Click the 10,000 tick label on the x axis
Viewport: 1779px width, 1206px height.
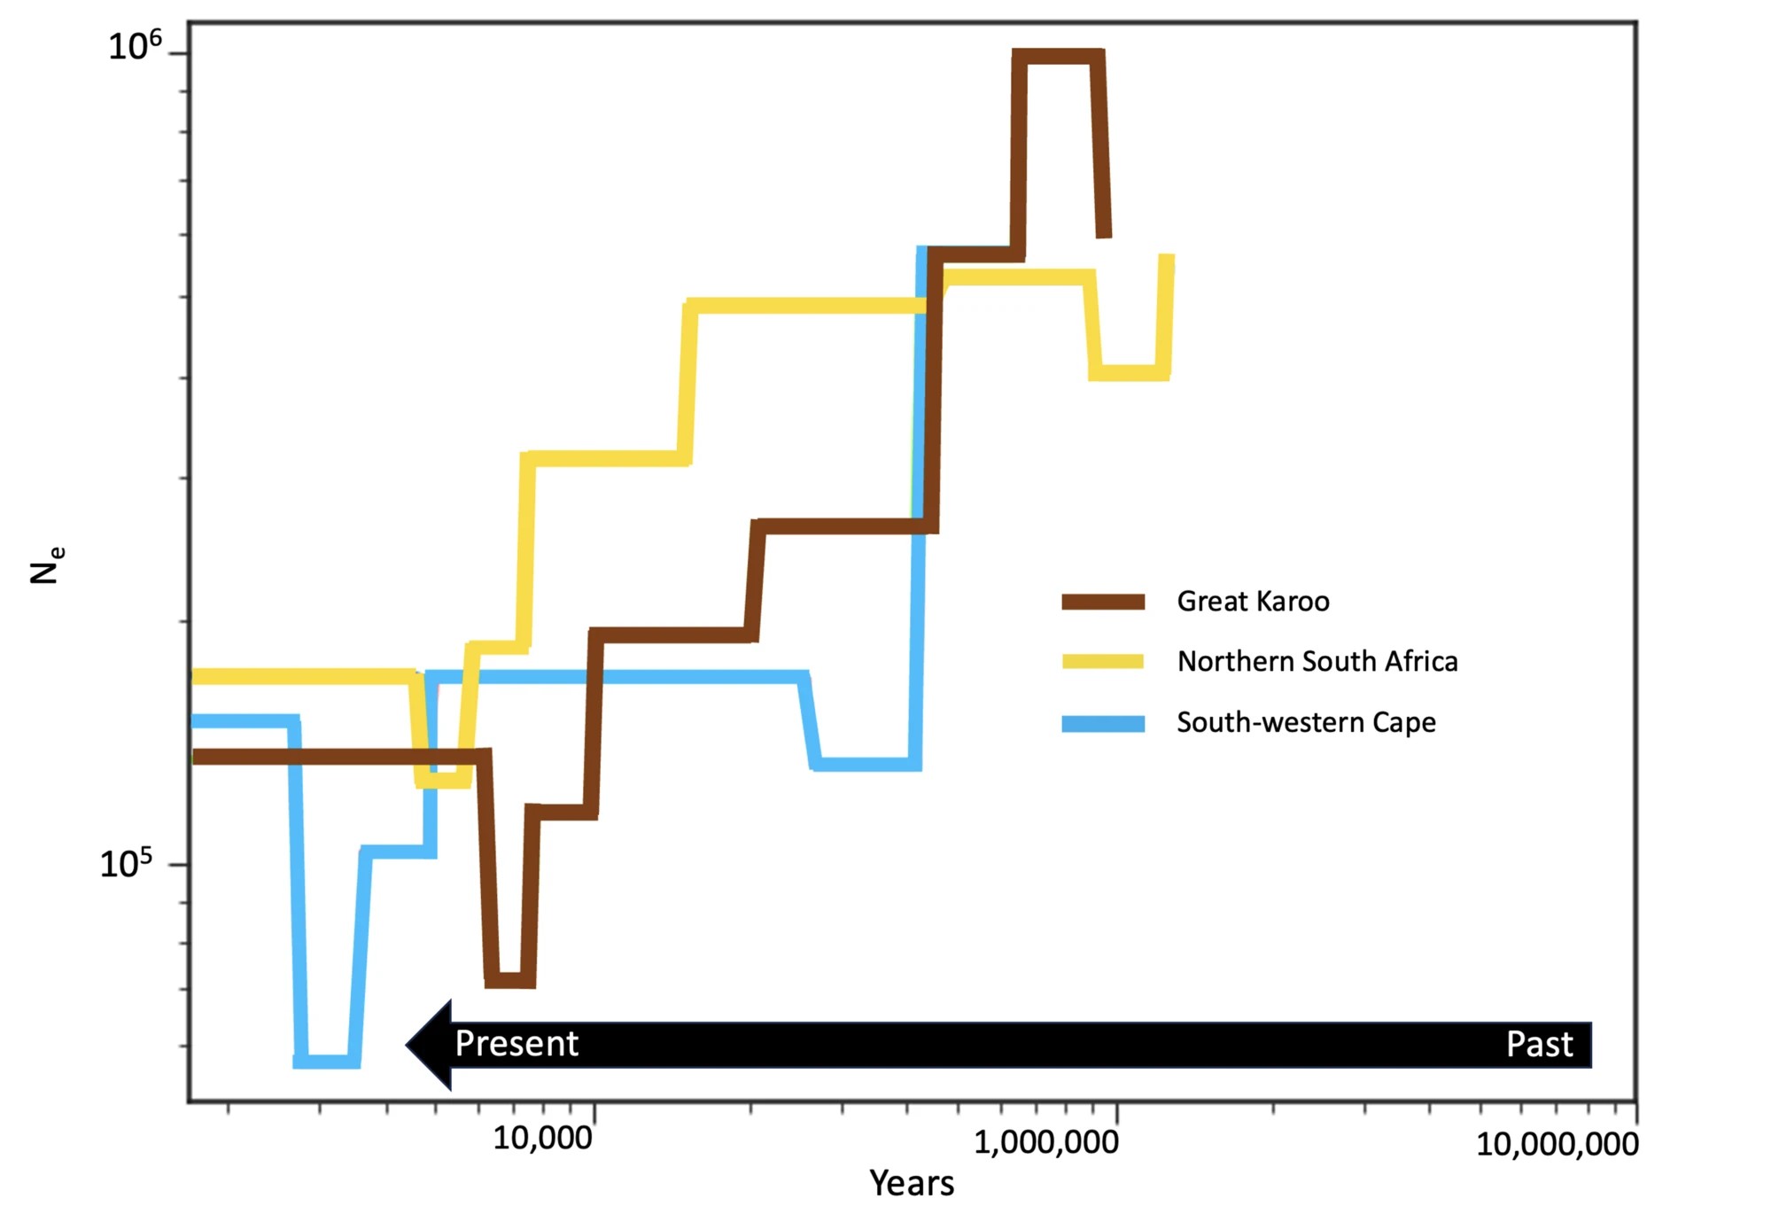pyautogui.click(x=542, y=1137)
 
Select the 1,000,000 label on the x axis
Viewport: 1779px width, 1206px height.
pyautogui.click(x=1045, y=1141)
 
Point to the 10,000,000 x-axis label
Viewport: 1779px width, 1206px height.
pyautogui.click(x=1557, y=1143)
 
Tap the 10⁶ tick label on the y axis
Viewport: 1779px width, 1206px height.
pyautogui.click(x=135, y=45)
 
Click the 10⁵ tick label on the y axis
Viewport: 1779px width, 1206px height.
pyautogui.click(x=126, y=863)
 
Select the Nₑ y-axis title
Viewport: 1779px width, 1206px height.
pyautogui.click(x=46, y=565)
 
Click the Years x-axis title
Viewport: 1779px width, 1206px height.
pyautogui.click(x=912, y=1183)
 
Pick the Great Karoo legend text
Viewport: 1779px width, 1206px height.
pyautogui.click(x=1253, y=602)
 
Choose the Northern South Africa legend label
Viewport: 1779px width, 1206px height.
pyautogui.click(x=1317, y=661)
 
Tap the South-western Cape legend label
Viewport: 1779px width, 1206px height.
pyautogui.click(x=1306, y=722)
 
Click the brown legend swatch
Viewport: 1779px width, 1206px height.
pyautogui.click(x=1103, y=603)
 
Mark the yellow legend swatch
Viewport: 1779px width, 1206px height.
pyautogui.click(x=1103, y=662)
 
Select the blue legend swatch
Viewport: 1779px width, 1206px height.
pyautogui.click(x=1103, y=723)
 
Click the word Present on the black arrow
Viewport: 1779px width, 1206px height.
pyautogui.click(x=517, y=1044)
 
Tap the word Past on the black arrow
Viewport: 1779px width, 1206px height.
pyautogui.click(x=1539, y=1044)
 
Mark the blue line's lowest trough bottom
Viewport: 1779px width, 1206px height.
pyautogui.click(x=326, y=1061)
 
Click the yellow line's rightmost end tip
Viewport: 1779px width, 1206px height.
pyautogui.click(x=1168, y=259)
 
